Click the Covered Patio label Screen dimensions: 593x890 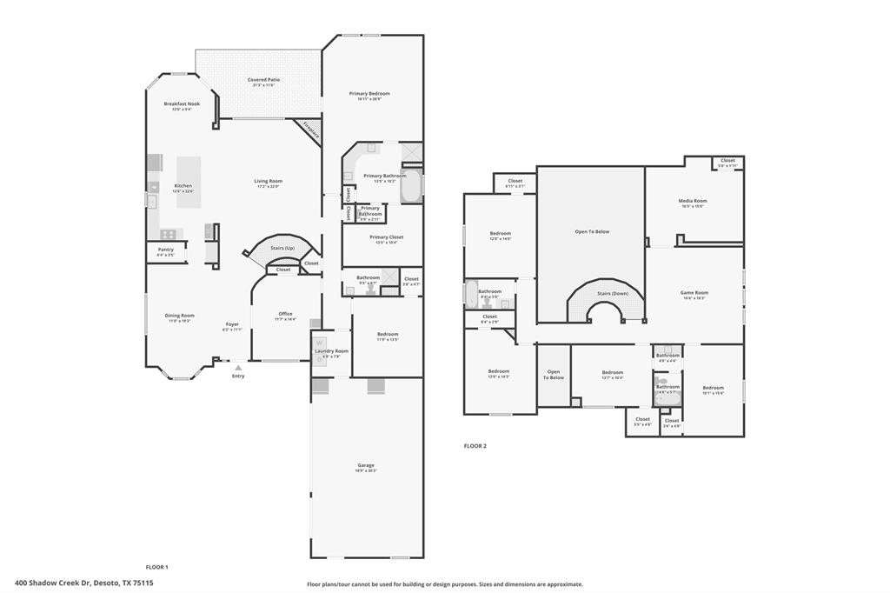coord(263,80)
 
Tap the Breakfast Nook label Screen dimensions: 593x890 coord(182,103)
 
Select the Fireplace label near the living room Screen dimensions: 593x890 coord(311,130)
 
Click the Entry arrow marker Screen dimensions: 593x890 coord(238,368)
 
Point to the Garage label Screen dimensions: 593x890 coord(366,465)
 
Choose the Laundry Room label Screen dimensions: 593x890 coord(330,350)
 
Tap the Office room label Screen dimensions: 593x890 coord(285,314)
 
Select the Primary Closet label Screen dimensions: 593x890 coord(386,237)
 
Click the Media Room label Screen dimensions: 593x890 coord(693,201)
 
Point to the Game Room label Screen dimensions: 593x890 coord(694,293)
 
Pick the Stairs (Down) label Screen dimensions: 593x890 coord(612,294)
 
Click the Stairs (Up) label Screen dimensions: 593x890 coord(282,248)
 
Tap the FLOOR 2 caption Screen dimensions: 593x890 coord(475,445)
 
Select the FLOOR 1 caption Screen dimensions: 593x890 coord(156,567)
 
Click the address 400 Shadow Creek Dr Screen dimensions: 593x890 coord(84,583)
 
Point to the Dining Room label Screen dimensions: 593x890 coord(181,316)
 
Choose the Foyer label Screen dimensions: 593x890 coord(232,324)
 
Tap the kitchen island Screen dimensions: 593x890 coord(189,180)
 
